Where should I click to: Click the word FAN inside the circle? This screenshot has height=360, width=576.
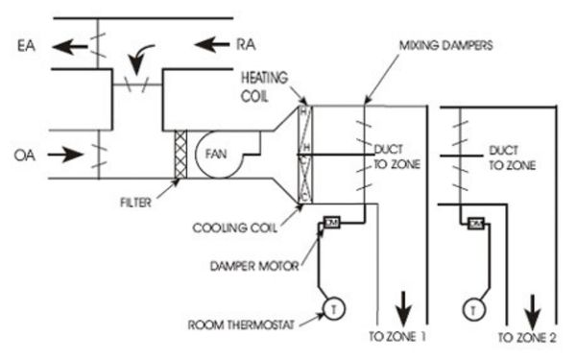pos(212,154)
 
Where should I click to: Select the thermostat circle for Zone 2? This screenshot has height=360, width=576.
pos(472,309)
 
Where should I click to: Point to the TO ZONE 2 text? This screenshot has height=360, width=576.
pos(527,338)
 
